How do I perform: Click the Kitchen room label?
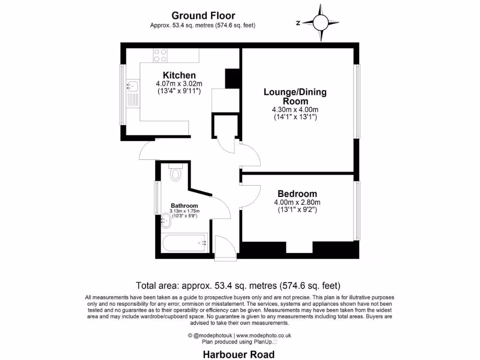(x=179, y=75)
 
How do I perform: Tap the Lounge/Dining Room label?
(x=295, y=97)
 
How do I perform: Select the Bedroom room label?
(x=297, y=194)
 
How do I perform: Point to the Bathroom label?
(x=184, y=205)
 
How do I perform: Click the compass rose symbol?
(x=321, y=22)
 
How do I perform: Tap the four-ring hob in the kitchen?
(x=160, y=56)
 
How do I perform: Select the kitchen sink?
(x=133, y=86)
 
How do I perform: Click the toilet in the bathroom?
(x=176, y=173)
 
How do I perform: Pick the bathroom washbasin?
(x=166, y=220)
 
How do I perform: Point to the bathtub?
(x=185, y=243)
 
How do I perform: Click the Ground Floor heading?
(x=203, y=16)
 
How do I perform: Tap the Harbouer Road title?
(x=239, y=354)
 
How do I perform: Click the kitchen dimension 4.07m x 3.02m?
(x=179, y=84)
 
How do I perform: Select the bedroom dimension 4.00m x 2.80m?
(x=297, y=202)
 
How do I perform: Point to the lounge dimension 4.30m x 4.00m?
(x=295, y=110)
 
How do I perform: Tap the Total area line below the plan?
(x=238, y=285)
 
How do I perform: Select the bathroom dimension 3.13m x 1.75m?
(x=184, y=211)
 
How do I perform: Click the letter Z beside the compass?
(x=298, y=22)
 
